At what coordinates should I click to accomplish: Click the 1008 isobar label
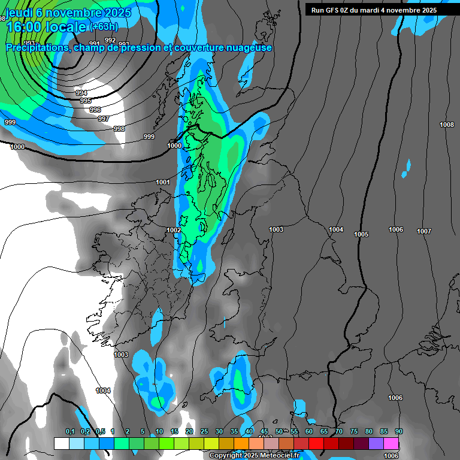(x=447, y=125)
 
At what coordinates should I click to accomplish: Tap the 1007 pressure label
(x=424, y=231)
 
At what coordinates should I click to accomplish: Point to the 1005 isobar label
(x=361, y=234)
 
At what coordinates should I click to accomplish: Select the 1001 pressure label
(x=163, y=182)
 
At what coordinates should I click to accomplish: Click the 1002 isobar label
(x=174, y=230)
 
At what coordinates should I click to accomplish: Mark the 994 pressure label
(x=81, y=93)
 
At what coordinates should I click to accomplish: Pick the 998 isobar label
(x=119, y=129)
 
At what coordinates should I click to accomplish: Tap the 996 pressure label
(x=95, y=110)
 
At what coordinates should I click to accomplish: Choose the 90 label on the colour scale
(x=398, y=431)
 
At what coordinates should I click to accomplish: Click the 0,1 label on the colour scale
(x=70, y=431)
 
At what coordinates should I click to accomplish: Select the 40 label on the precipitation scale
(x=249, y=431)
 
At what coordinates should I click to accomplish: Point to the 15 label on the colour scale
(x=174, y=431)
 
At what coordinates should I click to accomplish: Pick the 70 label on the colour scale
(x=339, y=431)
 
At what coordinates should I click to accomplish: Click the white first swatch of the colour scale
(x=61, y=443)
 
